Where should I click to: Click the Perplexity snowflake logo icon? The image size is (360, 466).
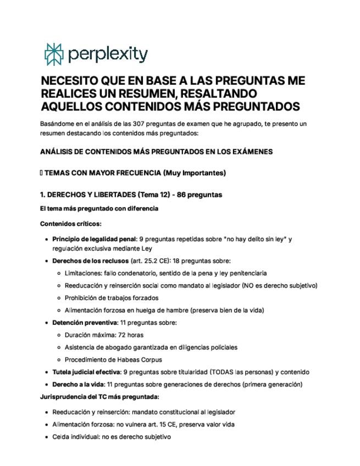click(54, 54)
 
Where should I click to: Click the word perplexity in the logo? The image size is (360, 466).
click(108, 54)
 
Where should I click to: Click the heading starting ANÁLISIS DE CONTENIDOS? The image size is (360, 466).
click(156, 151)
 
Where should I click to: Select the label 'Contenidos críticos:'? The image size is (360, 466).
click(71, 224)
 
